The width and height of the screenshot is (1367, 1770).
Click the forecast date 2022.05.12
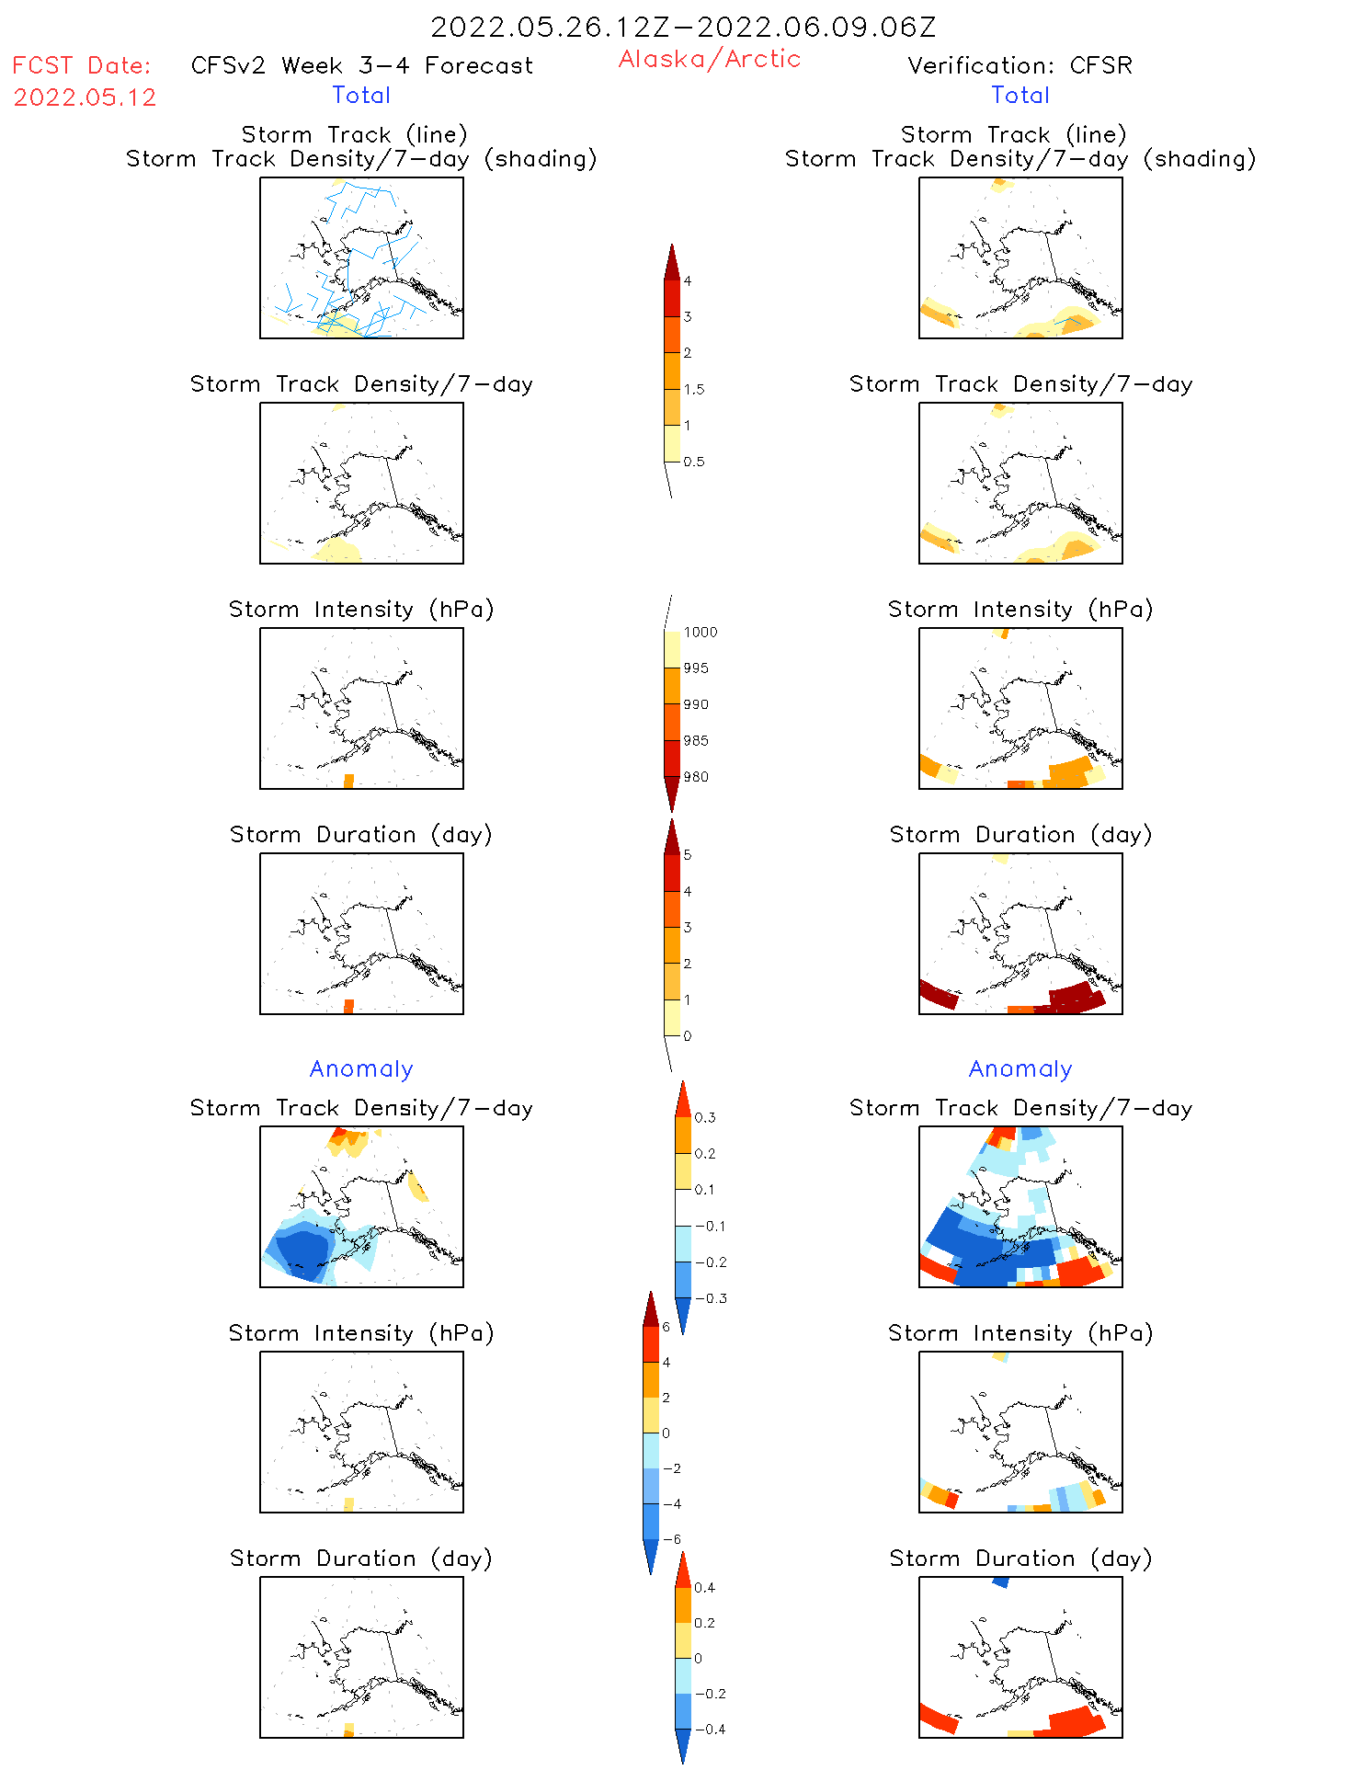[85, 97]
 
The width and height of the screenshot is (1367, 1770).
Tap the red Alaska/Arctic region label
[709, 59]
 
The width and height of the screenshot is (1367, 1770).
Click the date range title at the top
[683, 27]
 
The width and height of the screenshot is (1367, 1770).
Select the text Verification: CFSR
[1020, 65]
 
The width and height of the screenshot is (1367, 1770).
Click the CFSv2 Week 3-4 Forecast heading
[361, 65]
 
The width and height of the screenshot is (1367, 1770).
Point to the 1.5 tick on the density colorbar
[694, 389]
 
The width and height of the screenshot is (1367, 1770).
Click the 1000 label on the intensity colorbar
[700, 632]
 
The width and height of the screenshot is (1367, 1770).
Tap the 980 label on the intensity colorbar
[695, 777]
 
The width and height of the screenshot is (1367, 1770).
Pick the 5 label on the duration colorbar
[687, 855]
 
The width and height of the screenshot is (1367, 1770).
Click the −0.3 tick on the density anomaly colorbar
[710, 1298]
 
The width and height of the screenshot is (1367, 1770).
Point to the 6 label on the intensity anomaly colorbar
[666, 1327]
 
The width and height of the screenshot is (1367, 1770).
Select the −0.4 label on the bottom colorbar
[710, 1729]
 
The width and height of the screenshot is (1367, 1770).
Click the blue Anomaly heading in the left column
[361, 1068]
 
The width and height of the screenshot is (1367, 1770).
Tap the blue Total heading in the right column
[1020, 95]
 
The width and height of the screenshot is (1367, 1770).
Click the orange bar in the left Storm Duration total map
[348, 1006]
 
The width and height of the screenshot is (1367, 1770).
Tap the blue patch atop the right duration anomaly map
[1000, 1582]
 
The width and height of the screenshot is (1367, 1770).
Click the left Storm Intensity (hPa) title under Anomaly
[361, 1333]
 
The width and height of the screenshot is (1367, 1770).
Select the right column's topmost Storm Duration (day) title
[1020, 834]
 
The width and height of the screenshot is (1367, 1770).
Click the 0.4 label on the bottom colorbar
[704, 1587]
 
